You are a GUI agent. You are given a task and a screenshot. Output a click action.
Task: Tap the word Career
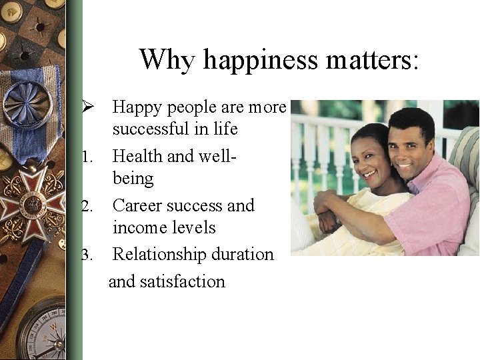[x=137, y=205]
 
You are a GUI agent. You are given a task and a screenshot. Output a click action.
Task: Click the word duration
[x=243, y=255]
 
